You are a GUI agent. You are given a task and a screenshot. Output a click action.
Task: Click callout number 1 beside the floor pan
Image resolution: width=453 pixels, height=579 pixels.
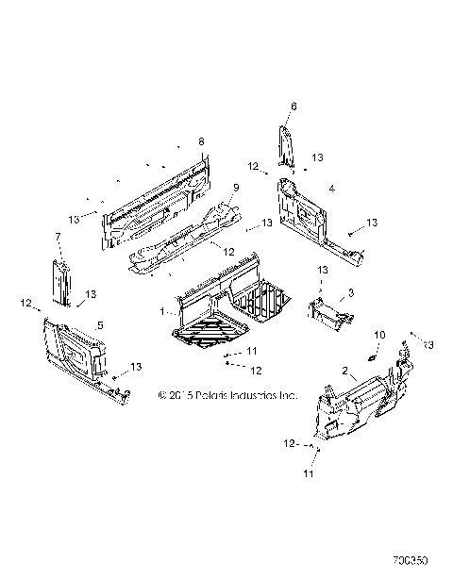tap(162, 309)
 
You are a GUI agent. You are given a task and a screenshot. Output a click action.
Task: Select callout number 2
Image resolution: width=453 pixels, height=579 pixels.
tap(346, 372)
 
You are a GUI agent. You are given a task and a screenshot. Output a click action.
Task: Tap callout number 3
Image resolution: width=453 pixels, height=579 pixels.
tap(351, 294)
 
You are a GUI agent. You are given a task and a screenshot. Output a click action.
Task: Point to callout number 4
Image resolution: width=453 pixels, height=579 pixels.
tap(331, 189)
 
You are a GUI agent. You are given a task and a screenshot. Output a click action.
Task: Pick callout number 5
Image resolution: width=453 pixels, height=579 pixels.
tap(99, 326)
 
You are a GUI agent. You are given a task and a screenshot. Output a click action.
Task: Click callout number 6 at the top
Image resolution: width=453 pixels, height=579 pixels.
tap(294, 106)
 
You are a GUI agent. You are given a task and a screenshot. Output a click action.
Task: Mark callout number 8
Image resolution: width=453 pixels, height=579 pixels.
tap(200, 141)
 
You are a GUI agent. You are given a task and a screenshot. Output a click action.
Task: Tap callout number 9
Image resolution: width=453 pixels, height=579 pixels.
tap(236, 189)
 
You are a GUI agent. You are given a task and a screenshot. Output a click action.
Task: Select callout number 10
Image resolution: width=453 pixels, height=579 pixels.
tap(380, 335)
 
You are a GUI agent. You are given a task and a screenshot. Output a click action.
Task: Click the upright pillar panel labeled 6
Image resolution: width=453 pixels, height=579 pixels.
tap(285, 146)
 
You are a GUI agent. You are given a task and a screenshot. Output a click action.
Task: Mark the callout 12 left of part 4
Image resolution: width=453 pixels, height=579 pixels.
tap(253, 166)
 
